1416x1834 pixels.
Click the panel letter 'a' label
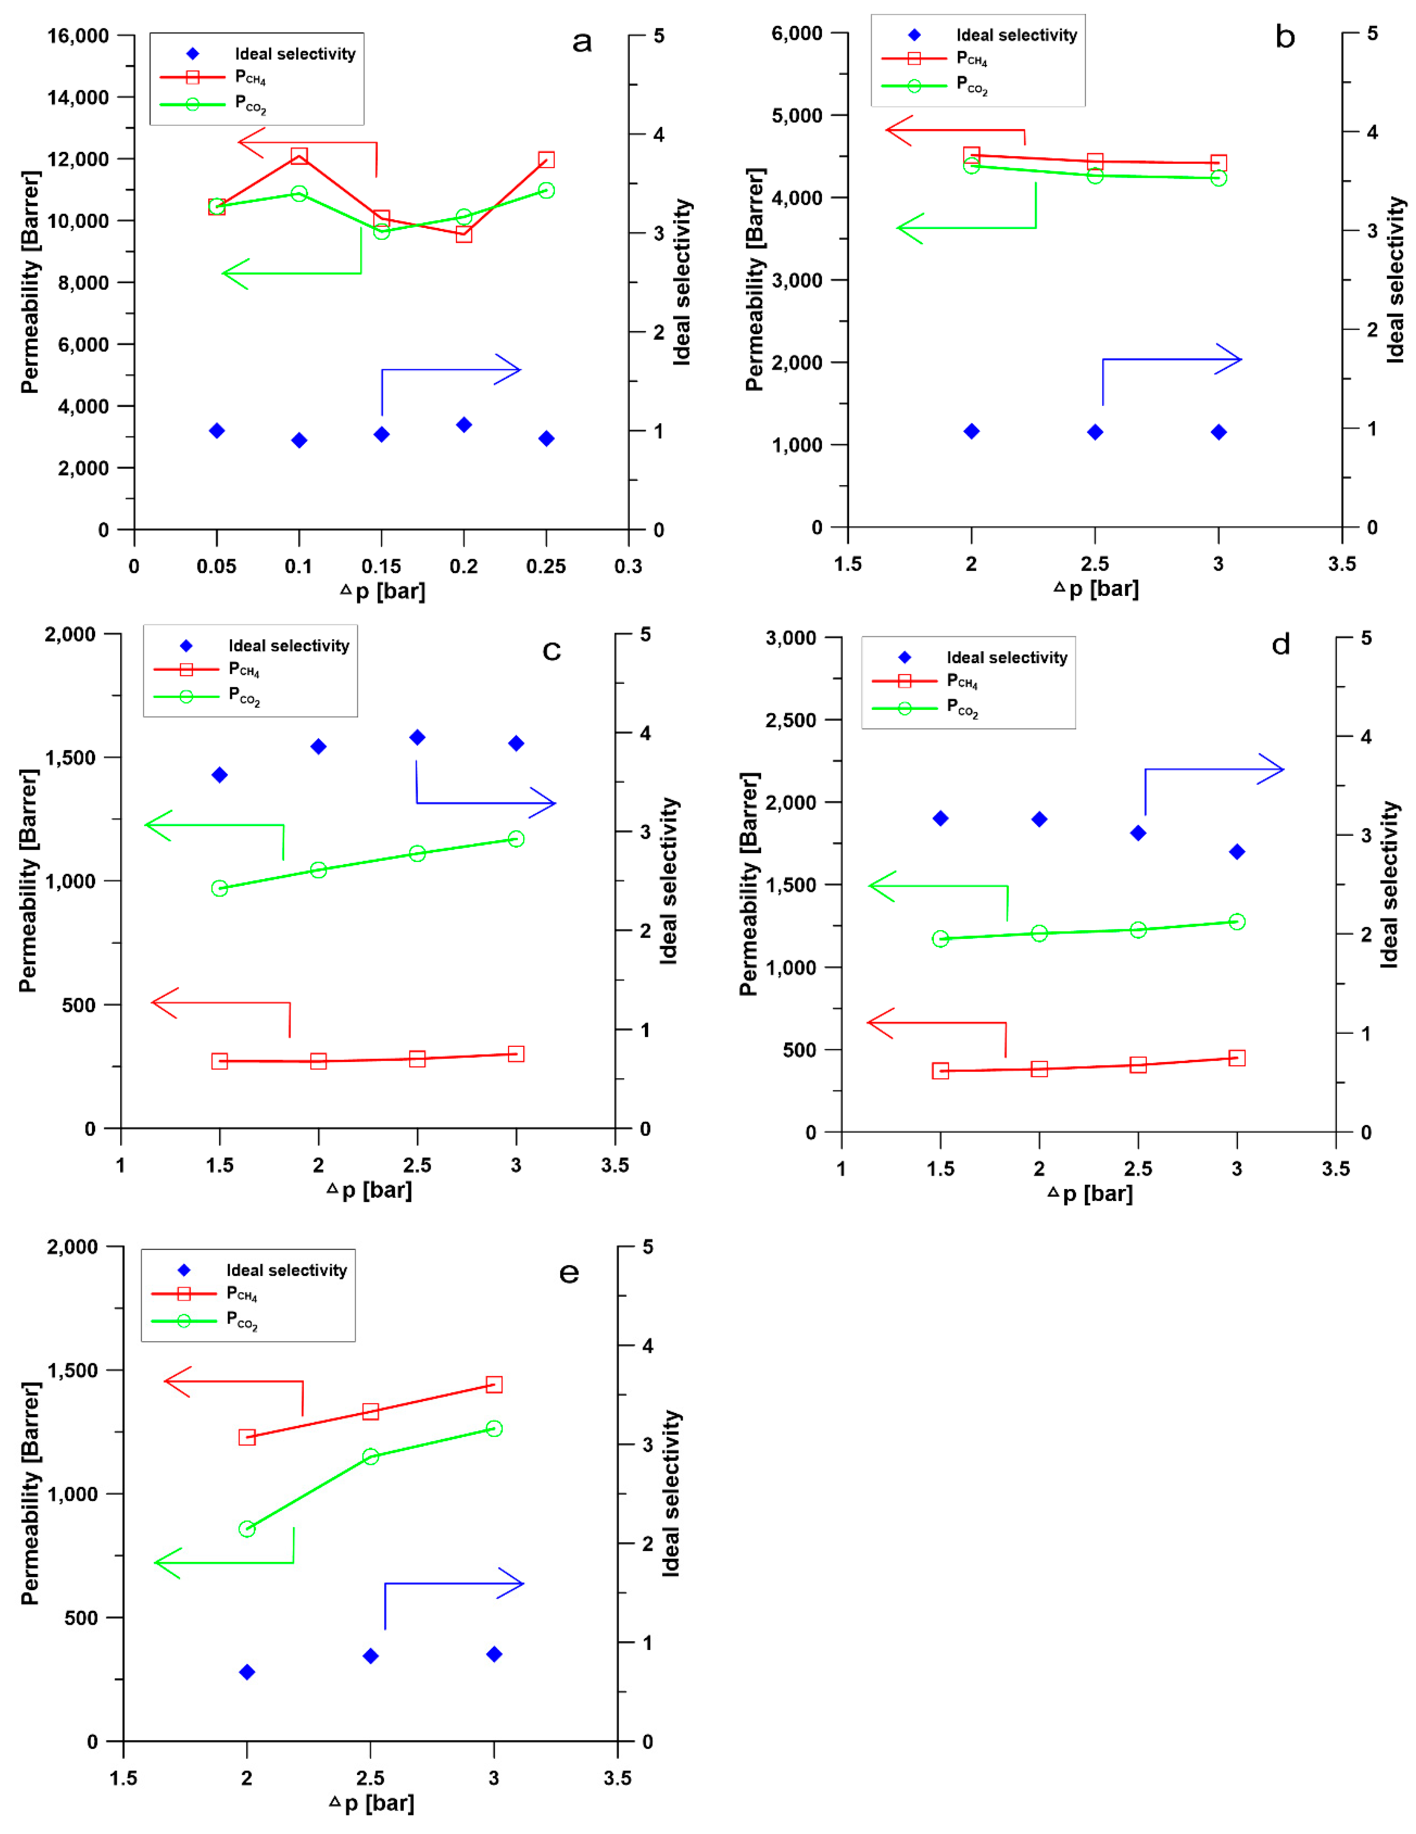click(x=582, y=42)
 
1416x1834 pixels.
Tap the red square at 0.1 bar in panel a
click(x=299, y=156)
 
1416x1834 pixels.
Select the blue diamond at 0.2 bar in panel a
click(x=463, y=425)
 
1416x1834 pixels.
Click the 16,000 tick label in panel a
click(x=78, y=36)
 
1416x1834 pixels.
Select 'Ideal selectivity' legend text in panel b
click(x=1016, y=35)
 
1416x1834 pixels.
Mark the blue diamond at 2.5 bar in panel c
click(x=417, y=737)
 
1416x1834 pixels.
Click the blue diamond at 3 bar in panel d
click(x=1236, y=852)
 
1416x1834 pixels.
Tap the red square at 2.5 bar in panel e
click(x=370, y=1412)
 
